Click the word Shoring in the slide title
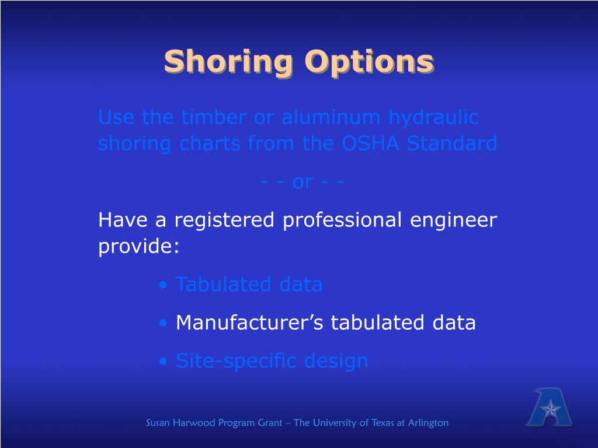[x=230, y=62]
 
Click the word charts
[x=211, y=143]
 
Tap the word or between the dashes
[x=302, y=182]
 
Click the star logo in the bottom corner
[x=549, y=408]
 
